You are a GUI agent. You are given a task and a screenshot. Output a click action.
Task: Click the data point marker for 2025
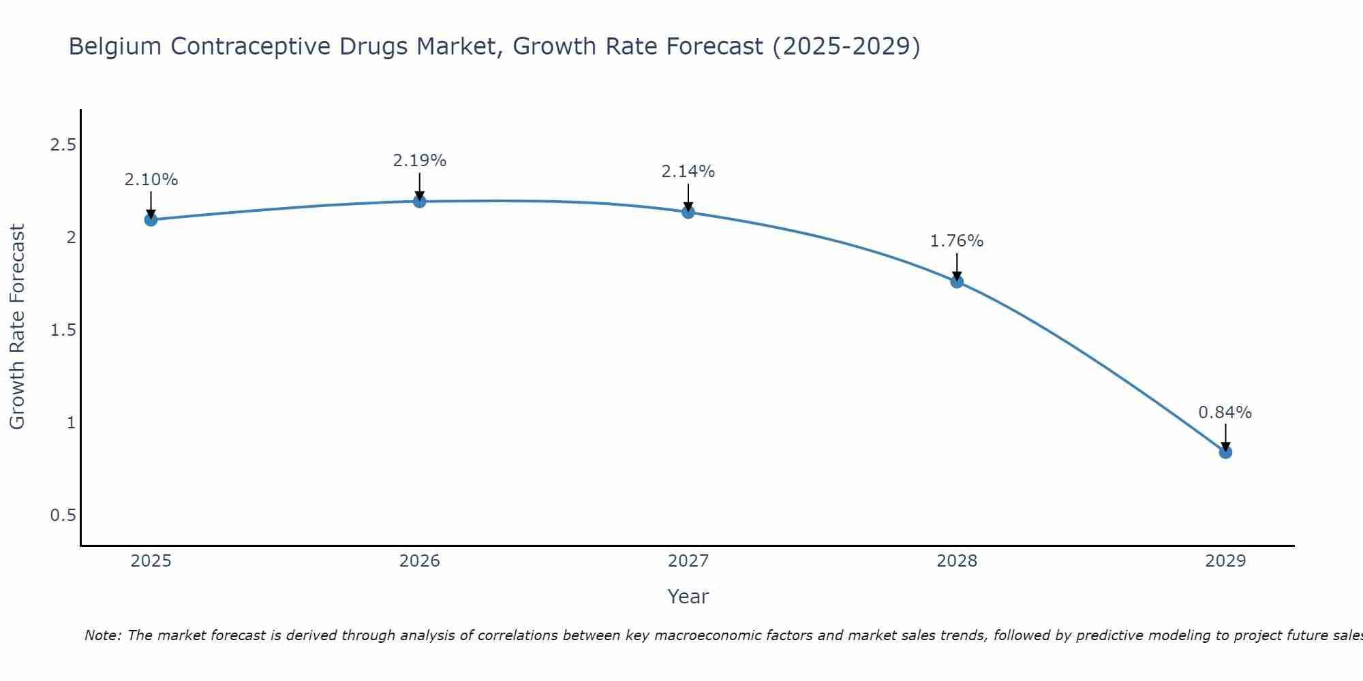click(x=151, y=219)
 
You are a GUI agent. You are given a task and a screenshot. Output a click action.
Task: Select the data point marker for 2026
click(x=420, y=201)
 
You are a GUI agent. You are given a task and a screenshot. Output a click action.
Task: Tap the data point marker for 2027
click(x=688, y=212)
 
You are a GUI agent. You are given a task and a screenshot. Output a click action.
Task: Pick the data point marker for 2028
click(x=957, y=281)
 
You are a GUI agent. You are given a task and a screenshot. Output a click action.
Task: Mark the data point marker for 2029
click(x=1225, y=452)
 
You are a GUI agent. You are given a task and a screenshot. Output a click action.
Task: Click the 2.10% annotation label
click(x=151, y=180)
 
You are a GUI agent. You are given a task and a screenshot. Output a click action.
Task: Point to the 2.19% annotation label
click(x=420, y=161)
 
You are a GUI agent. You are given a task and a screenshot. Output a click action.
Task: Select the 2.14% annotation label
click(x=688, y=172)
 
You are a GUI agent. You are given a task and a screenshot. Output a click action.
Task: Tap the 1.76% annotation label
click(x=957, y=241)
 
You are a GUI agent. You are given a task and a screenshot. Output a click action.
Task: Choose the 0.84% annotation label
click(x=1225, y=413)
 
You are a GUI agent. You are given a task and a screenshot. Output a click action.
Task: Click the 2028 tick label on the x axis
click(x=957, y=561)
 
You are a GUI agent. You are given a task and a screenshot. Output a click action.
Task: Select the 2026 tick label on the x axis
click(x=420, y=561)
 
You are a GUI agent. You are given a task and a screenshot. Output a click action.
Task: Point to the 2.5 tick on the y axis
click(x=63, y=145)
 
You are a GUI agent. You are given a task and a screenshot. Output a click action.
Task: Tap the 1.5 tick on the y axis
click(x=63, y=330)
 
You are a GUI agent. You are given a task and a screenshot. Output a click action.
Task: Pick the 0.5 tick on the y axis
click(x=63, y=516)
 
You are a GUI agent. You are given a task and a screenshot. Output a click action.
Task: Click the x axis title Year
click(x=688, y=597)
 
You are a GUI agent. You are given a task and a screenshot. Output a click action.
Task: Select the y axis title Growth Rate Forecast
click(x=17, y=327)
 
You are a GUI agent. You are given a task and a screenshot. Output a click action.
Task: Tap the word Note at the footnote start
click(x=102, y=635)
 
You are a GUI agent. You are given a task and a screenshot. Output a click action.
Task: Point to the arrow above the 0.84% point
click(x=1225, y=436)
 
